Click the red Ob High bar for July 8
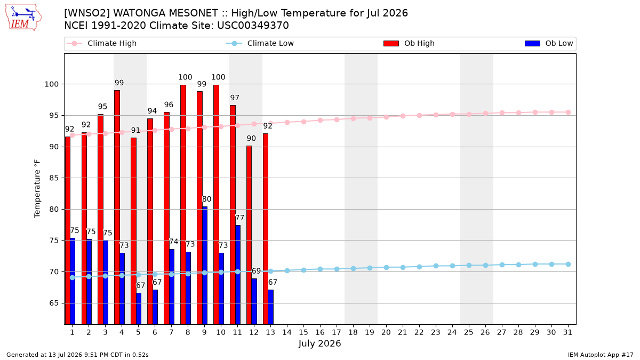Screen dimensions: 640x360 point(183,205)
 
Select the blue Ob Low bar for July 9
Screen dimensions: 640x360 point(205,266)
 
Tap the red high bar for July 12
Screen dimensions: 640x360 point(249,235)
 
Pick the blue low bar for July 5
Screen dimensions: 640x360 point(139,309)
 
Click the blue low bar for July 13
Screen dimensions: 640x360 point(271,307)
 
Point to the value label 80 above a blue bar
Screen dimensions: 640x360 point(206,199)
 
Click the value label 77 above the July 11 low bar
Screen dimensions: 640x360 point(239,218)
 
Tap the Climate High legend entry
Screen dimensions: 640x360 point(102,43)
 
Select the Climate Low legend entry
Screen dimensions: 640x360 point(260,43)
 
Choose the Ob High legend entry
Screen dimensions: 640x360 point(409,43)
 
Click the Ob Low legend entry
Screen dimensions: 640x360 point(549,43)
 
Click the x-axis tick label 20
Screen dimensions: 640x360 point(386,332)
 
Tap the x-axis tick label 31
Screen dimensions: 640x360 point(567,332)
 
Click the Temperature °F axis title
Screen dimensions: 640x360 point(37,189)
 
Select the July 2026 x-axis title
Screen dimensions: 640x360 point(319,343)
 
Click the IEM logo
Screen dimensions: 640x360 point(23,18)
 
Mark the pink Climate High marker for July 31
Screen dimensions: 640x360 point(569,113)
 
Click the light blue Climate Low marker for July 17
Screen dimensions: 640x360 point(337,269)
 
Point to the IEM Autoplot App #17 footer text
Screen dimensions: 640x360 point(601,355)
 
